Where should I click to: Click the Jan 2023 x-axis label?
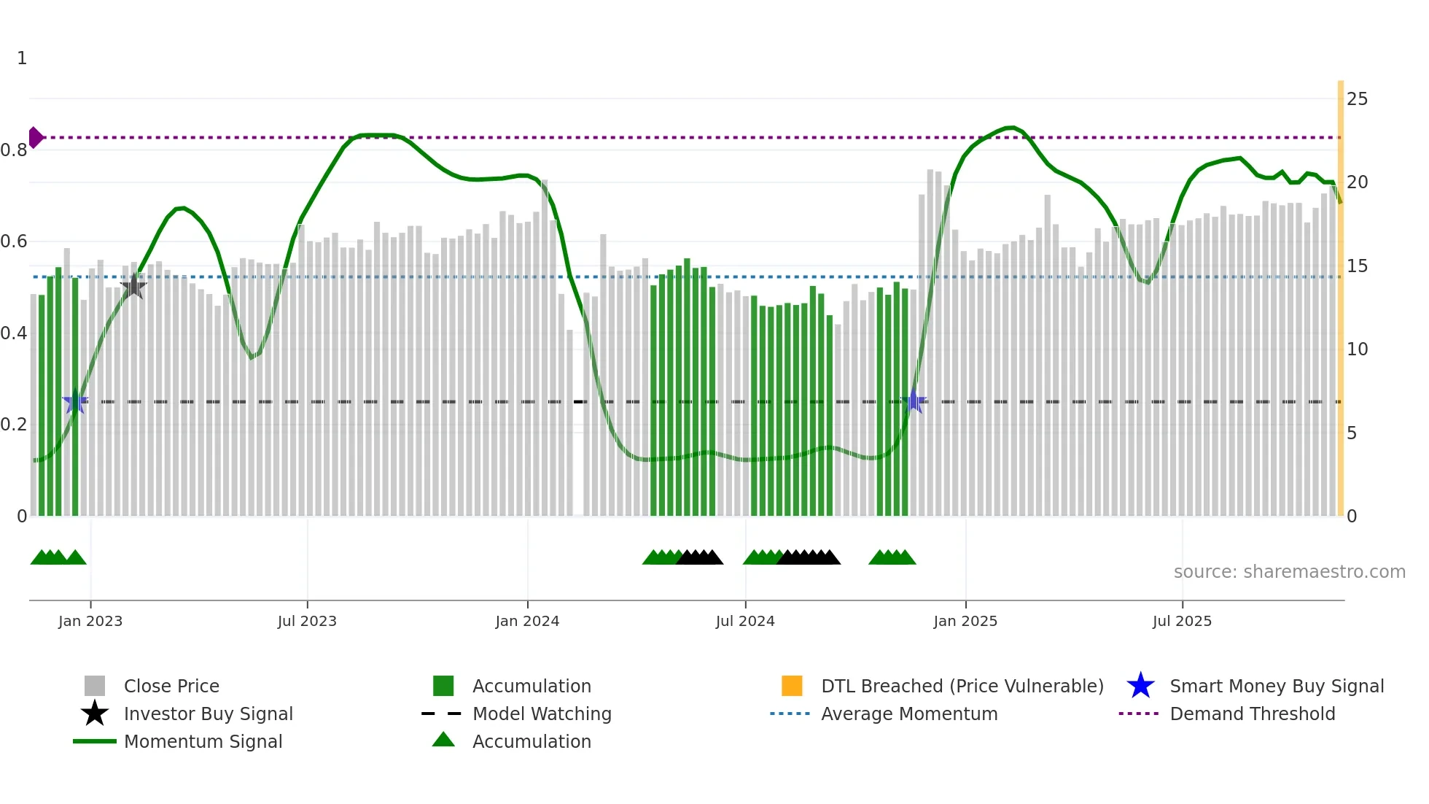pyautogui.click(x=90, y=622)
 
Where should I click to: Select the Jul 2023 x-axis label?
pyautogui.click(x=307, y=622)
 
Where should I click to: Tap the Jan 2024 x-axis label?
pyautogui.click(x=527, y=622)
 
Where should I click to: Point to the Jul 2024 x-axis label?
pyautogui.click(x=745, y=622)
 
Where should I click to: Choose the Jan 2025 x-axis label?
pyautogui.click(x=965, y=622)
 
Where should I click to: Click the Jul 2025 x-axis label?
pyautogui.click(x=1182, y=622)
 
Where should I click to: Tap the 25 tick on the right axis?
pyautogui.click(x=1357, y=99)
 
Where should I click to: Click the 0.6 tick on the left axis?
pyautogui.click(x=15, y=241)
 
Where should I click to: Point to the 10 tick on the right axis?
pyautogui.click(x=1357, y=349)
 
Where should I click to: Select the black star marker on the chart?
pyautogui.click(x=133, y=286)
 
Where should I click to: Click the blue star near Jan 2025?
pyautogui.click(x=914, y=401)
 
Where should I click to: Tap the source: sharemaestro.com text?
pyautogui.click(x=1289, y=572)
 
